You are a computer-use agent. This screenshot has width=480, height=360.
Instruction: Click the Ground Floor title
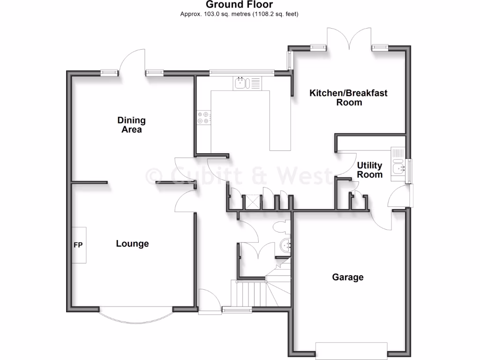(240, 5)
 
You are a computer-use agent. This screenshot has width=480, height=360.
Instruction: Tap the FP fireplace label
(78, 245)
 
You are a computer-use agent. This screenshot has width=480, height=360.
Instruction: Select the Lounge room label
(132, 244)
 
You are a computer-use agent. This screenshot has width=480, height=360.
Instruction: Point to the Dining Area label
(132, 125)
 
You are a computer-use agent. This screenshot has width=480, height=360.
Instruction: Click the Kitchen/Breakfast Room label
(348, 97)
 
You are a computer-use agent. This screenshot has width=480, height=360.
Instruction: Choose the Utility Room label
(370, 170)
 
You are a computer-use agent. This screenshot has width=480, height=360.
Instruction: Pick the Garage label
(348, 277)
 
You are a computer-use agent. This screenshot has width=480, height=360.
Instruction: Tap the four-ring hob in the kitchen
(203, 117)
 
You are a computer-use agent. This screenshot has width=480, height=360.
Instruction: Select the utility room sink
(398, 166)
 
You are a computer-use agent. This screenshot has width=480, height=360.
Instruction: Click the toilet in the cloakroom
(282, 227)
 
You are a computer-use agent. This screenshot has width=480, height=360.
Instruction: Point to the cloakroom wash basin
(285, 245)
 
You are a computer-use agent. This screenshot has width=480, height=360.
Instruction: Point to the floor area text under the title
(240, 14)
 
